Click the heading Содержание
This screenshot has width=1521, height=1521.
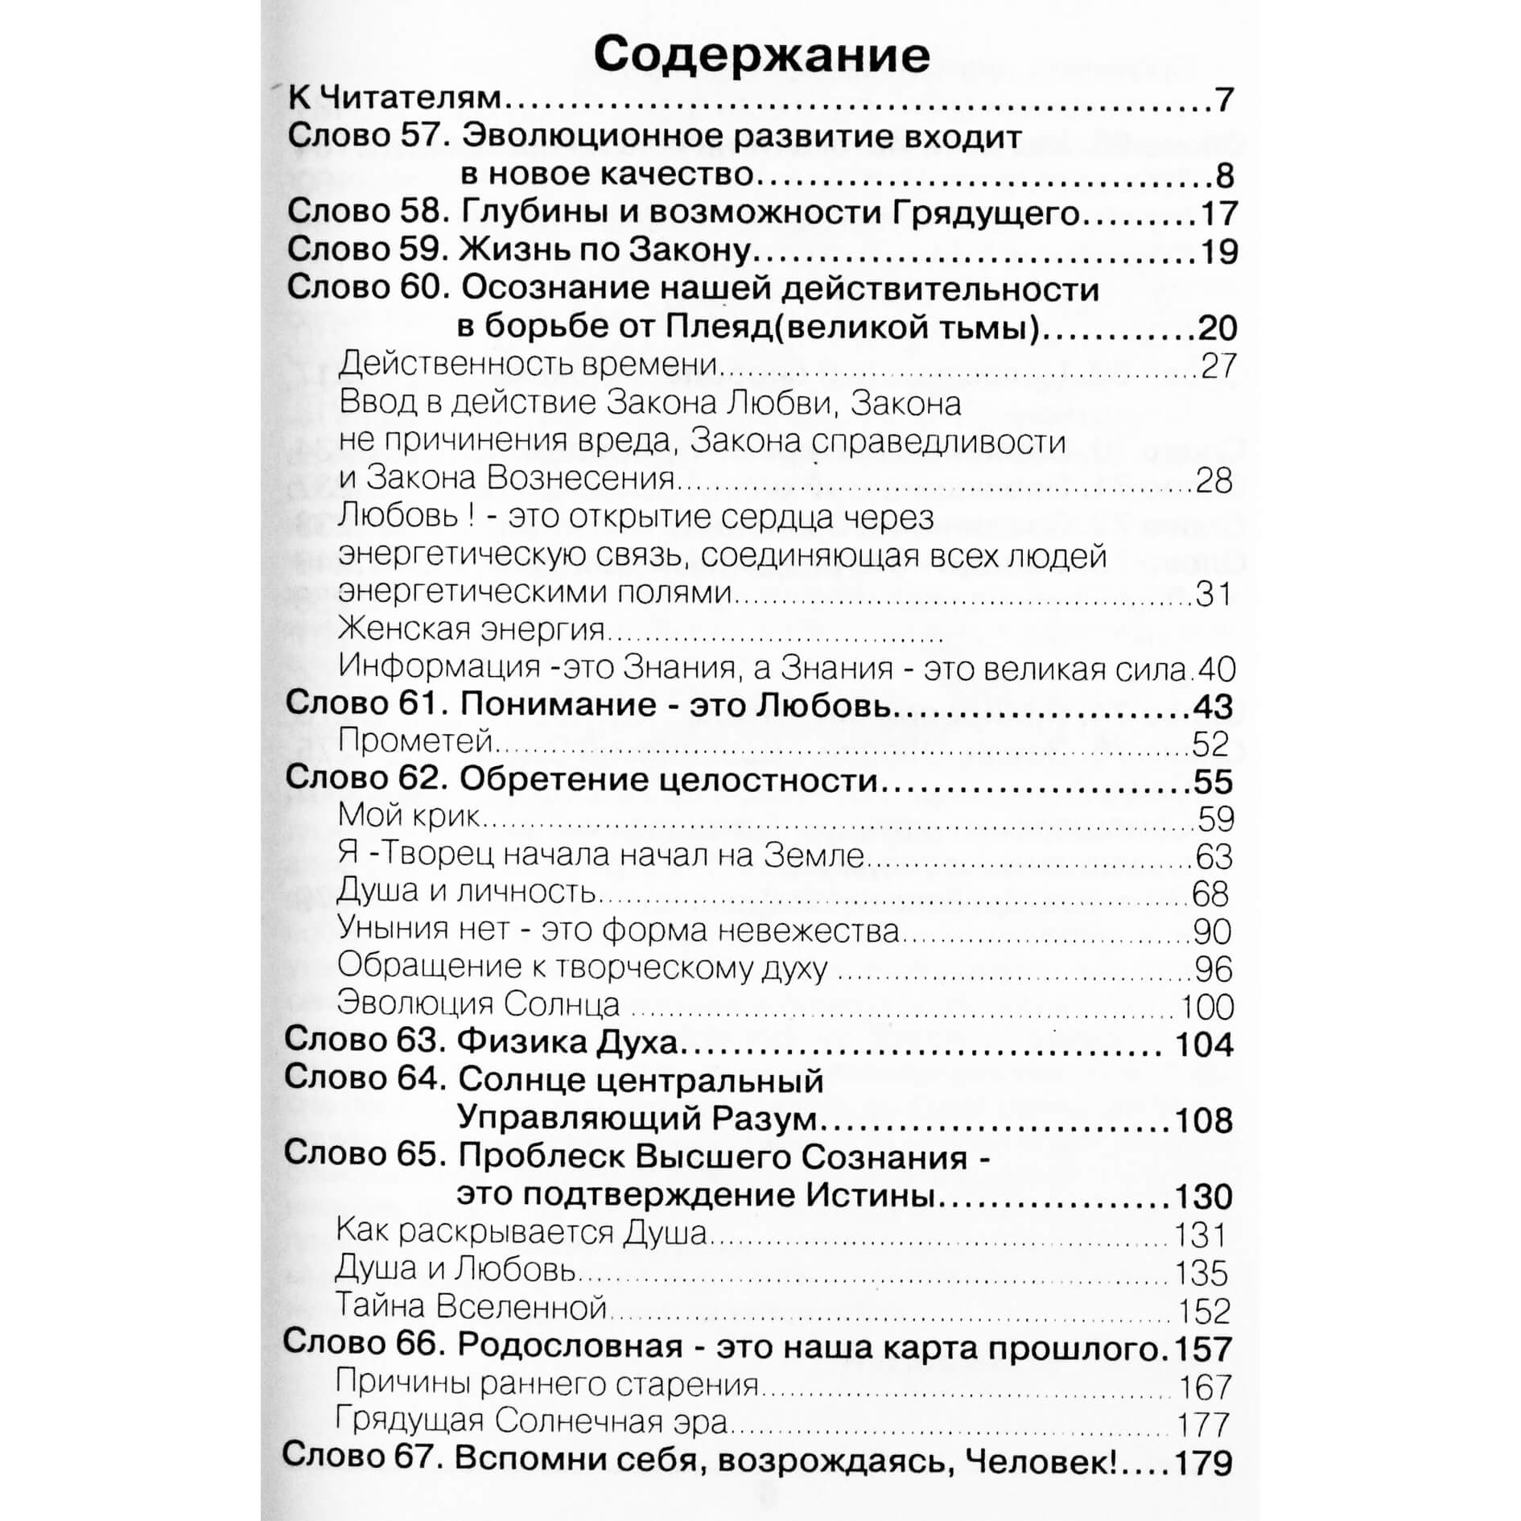coord(761,55)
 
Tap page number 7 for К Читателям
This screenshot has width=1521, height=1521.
coord(1224,100)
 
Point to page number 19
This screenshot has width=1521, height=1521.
coord(1218,252)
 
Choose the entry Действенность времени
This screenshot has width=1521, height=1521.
coord(528,365)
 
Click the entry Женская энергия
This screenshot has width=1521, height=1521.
coord(472,629)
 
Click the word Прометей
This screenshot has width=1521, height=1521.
coord(414,740)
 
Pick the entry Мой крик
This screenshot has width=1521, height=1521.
coord(409,816)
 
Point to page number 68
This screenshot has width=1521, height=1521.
coord(1210,894)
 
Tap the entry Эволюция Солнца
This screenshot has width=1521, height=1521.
coord(479,1004)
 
